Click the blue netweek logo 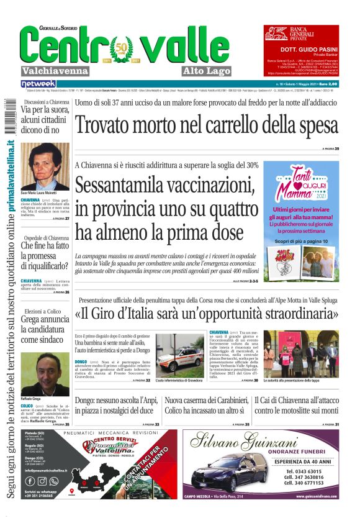click(x=38, y=84)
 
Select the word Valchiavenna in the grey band click(x=55, y=70)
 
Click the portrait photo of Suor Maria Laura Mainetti click(x=45, y=166)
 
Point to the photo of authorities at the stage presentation click(x=302, y=353)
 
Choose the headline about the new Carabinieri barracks click(x=206, y=406)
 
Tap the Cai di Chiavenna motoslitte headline click(x=297, y=406)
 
